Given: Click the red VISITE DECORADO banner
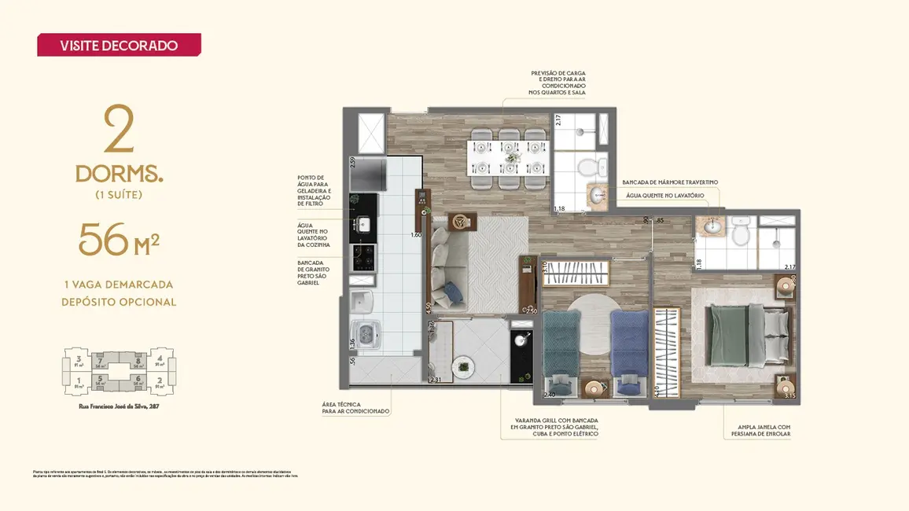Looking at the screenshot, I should click(119, 45).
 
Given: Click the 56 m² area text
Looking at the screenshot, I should click(119, 241).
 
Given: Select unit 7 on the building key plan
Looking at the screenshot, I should click(101, 362).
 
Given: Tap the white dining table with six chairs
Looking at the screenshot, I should click(508, 156).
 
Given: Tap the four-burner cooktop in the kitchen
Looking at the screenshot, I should click(363, 257).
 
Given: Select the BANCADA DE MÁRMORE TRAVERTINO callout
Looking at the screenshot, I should click(670, 182).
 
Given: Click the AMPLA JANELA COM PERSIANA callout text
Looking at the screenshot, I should click(759, 430).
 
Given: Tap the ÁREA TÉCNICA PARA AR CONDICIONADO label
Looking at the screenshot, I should click(355, 407).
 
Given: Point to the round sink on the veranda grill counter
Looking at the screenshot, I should click(520, 339).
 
